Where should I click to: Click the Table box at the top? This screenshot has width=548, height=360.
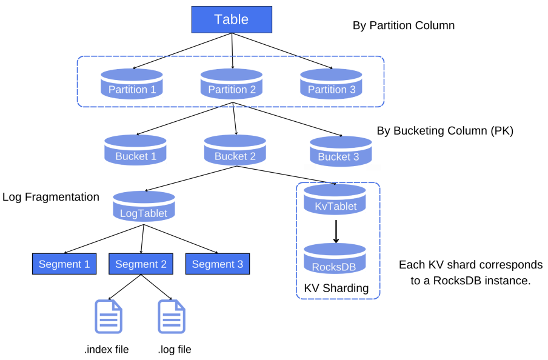(x=232, y=19)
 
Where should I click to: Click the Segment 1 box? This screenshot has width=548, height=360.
(x=64, y=264)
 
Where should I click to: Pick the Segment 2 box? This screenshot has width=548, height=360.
(x=141, y=264)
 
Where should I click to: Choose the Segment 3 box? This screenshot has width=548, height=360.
(x=217, y=264)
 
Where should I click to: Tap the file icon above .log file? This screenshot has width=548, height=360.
(x=172, y=316)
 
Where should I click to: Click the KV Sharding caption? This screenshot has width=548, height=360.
(x=337, y=288)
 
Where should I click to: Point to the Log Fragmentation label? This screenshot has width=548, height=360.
(x=51, y=197)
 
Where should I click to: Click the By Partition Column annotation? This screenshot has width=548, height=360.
(x=404, y=25)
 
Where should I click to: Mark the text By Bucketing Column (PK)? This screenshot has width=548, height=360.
(x=445, y=130)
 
